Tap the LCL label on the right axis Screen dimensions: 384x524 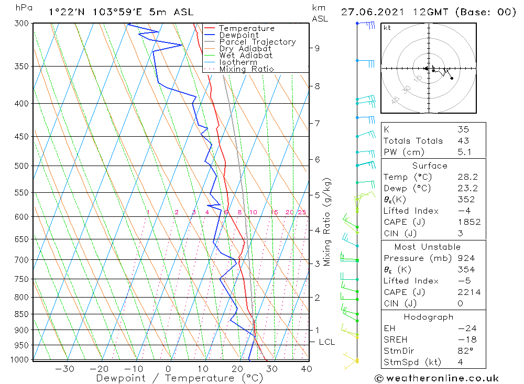[x=326, y=342]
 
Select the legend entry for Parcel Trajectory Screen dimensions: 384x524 [x=257, y=42]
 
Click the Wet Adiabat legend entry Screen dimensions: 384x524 [x=246, y=56]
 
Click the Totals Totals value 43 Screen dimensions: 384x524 [x=463, y=141]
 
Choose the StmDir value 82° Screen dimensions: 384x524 [x=465, y=350]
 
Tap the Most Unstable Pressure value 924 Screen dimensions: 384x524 [x=466, y=258]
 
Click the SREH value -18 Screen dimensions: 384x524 [x=466, y=339]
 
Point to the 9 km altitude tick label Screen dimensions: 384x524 [x=318, y=48]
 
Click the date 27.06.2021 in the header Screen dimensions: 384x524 [x=369, y=12]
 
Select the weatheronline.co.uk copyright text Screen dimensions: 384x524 [x=436, y=378]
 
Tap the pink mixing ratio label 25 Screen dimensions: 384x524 [x=302, y=212]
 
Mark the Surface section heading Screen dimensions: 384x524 [x=430, y=166]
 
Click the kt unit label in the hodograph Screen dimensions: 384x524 [x=387, y=28]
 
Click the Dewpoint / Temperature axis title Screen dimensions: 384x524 [x=179, y=378]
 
